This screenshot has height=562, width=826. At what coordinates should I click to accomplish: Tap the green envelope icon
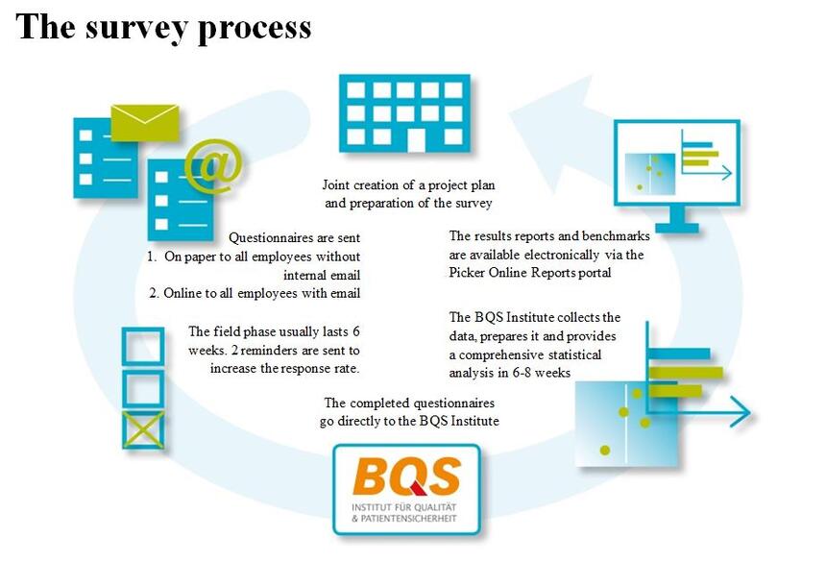(x=144, y=123)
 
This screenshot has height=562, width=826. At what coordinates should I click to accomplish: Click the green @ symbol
(x=214, y=166)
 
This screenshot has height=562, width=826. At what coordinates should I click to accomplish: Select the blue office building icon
(x=404, y=113)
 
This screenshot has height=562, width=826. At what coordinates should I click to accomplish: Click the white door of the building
(x=416, y=140)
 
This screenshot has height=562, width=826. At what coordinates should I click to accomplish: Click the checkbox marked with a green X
(x=143, y=430)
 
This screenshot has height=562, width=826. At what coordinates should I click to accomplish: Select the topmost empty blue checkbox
(x=143, y=346)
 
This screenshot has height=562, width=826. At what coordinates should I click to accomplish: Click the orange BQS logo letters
(x=406, y=476)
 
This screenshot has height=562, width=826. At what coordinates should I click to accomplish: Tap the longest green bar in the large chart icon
(x=686, y=373)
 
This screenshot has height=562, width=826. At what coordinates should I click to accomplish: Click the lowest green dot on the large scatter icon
(x=605, y=451)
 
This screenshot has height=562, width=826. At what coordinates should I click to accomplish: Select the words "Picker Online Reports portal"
(x=530, y=273)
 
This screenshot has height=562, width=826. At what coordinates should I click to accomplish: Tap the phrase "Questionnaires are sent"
(x=295, y=238)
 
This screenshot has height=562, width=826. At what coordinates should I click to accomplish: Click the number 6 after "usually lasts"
(x=356, y=331)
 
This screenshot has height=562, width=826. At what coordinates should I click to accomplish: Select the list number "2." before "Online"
(x=154, y=293)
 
